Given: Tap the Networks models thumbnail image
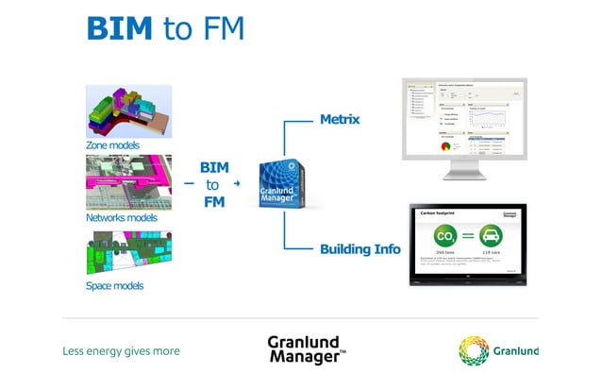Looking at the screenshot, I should [128, 182].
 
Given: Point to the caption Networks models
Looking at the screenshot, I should [123, 216].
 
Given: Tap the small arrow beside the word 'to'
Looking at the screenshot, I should [237, 183].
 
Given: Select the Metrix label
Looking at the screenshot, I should [340, 120].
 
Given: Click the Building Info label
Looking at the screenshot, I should [360, 249].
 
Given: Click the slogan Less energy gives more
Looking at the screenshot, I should [121, 351].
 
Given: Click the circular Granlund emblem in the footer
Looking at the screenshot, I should [474, 350].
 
